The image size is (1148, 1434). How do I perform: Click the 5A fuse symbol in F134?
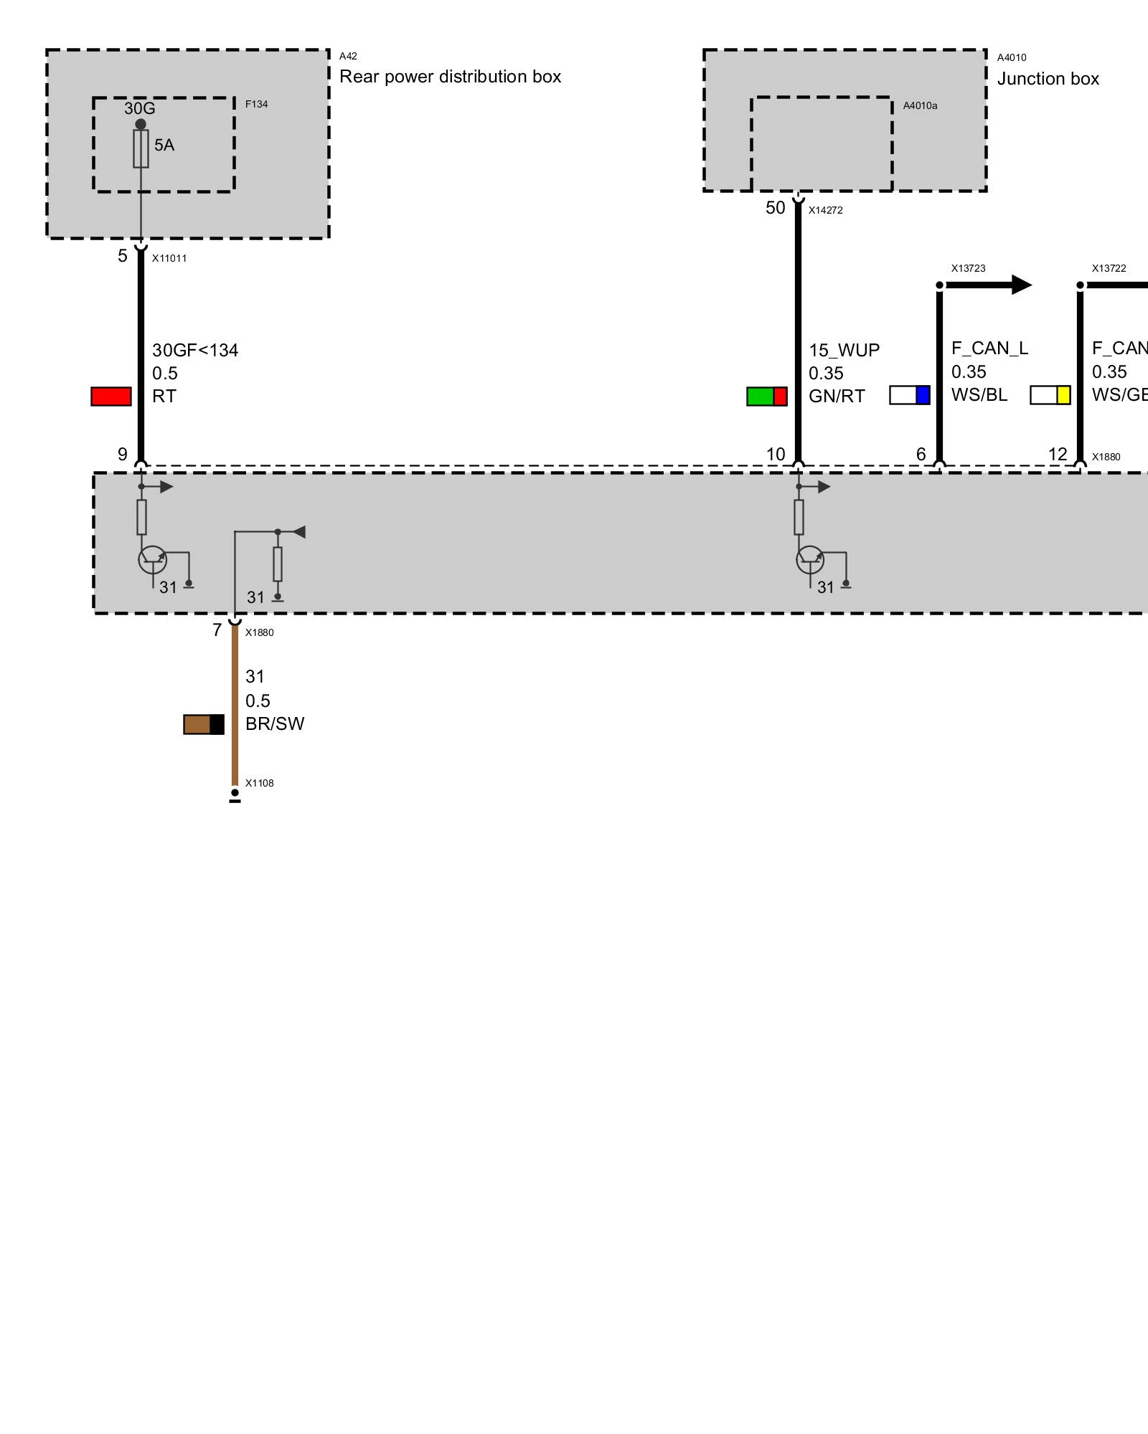[141, 148]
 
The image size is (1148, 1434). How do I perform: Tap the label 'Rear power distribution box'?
[450, 77]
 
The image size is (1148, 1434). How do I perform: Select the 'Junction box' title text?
[1048, 79]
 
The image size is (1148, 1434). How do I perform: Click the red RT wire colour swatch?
[111, 397]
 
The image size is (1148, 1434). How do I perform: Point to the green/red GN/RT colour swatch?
[766, 397]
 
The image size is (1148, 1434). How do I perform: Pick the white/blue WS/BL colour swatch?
[909, 395]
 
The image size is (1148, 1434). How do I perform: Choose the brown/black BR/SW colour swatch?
[204, 724]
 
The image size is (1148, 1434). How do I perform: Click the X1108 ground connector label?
[259, 783]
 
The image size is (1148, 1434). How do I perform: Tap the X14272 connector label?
[825, 210]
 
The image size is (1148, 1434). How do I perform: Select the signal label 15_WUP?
[844, 351]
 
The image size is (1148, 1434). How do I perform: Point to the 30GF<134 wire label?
[195, 351]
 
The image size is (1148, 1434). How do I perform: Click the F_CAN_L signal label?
[989, 348]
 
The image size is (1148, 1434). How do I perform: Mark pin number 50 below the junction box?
[775, 208]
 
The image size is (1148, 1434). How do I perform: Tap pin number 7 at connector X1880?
[217, 630]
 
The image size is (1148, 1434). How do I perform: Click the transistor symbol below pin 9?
[152, 559]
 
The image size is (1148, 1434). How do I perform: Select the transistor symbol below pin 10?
[810, 559]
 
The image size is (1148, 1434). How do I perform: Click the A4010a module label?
[920, 105]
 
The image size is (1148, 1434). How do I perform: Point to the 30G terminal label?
[139, 108]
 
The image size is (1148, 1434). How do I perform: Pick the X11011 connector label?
[169, 258]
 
